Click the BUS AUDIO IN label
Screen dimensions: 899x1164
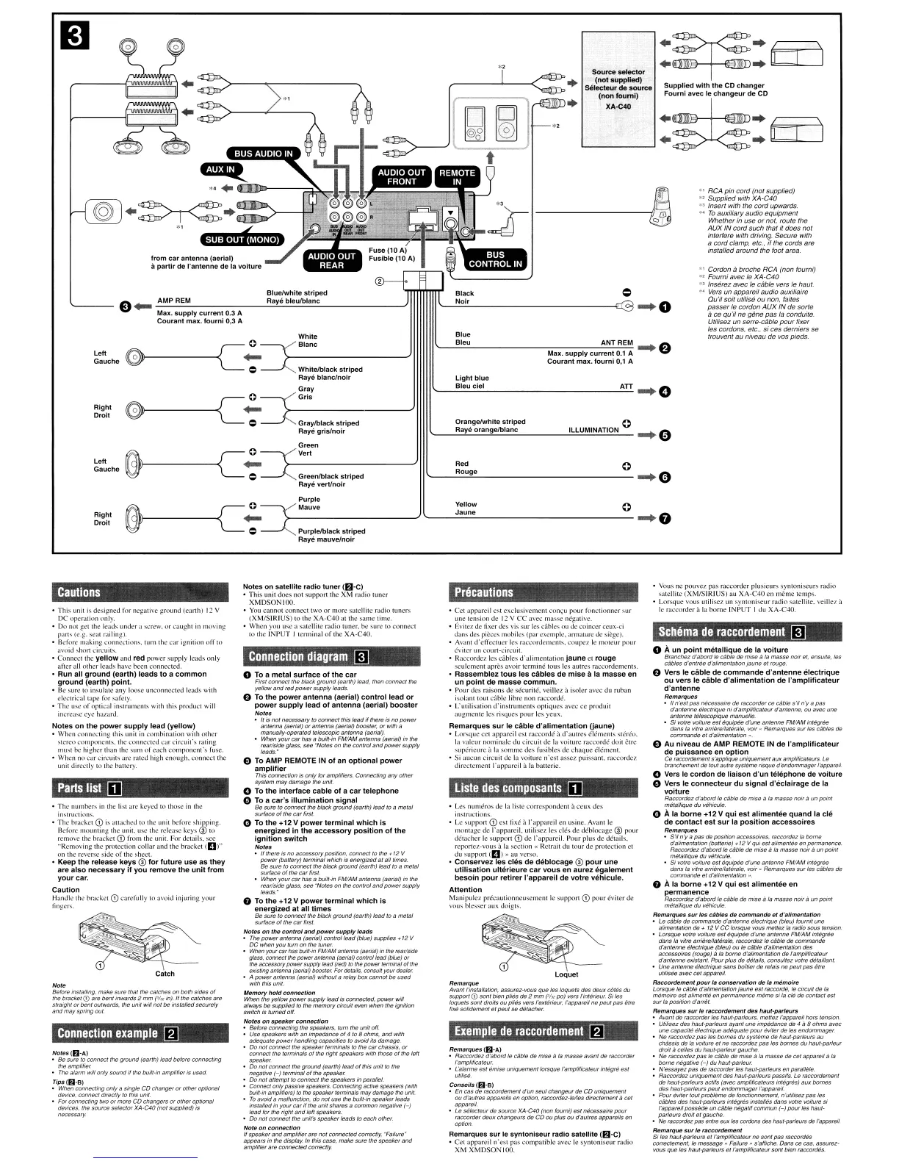(263, 154)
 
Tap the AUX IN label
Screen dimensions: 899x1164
(220, 169)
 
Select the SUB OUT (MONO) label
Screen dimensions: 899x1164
(242, 240)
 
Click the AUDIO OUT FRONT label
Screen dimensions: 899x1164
(402, 177)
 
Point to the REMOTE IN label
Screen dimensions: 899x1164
(457, 177)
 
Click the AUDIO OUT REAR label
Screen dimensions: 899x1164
(331, 260)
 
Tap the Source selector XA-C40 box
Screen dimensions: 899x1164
(618, 88)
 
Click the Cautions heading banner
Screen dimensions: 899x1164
(79, 592)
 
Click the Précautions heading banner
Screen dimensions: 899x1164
(485, 592)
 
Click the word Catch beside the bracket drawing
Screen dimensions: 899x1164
(165, 974)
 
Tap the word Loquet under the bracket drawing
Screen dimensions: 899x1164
(566, 974)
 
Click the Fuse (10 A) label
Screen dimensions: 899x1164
(387, 251)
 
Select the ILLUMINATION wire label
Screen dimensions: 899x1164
(593, 431)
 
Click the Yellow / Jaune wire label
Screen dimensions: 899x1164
(466, 509)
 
